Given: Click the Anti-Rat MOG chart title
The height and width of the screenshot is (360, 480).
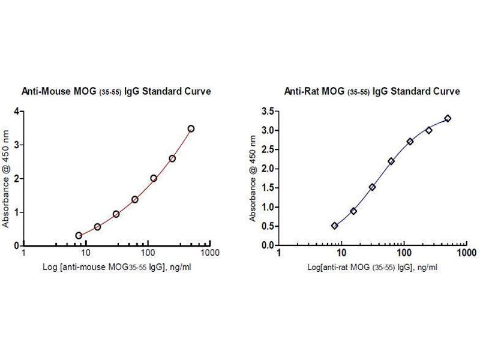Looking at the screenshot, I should [x=372, y=91].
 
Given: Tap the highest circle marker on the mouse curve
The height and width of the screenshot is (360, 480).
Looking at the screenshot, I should [x=191, y=128].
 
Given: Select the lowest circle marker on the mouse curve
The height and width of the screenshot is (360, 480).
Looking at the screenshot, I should [x=79, y=236].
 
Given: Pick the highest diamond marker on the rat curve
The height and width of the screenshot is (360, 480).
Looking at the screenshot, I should [x=448, y=118].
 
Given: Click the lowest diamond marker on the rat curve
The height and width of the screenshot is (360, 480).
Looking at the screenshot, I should [x=334, y=226].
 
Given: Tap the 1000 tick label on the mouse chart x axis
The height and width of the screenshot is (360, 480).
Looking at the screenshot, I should [x=208, y=254].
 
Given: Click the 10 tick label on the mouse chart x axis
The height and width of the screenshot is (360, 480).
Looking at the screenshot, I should [x=85, y=254].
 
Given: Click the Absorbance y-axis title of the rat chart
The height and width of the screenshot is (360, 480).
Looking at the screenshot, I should [x=253, y=178].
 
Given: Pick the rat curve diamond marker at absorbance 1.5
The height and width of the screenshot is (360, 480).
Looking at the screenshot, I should [x=372, y=187].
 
